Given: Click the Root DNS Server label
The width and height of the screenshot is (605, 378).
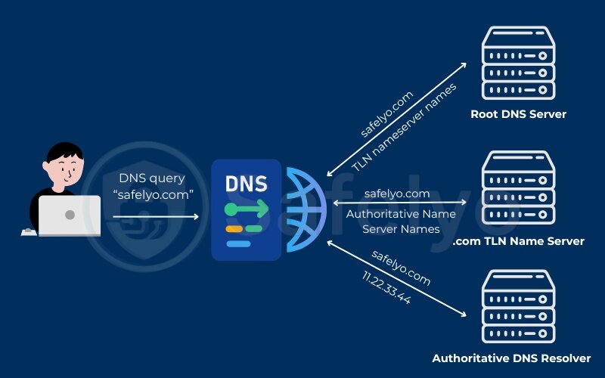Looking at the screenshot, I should [518, 114].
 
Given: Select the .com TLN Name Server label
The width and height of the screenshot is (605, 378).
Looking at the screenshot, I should [519, 241].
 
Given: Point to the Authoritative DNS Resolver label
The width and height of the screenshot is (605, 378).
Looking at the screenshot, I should [511, 358].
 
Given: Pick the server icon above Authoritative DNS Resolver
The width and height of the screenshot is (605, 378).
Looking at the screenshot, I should [518, 308].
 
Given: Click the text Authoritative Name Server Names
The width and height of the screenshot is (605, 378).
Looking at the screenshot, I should [401, 221].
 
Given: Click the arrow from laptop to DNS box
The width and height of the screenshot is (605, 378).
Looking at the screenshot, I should [156, 217].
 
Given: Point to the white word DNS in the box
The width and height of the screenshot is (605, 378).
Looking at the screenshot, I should [246, 184].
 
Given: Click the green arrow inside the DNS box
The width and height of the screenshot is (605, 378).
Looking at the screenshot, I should [247, 208].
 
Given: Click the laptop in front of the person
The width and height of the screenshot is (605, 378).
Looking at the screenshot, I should [70, 215].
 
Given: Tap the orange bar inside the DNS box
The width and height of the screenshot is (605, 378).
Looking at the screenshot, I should [234, 228].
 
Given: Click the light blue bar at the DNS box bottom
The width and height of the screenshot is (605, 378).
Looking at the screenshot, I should [239, 243].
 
